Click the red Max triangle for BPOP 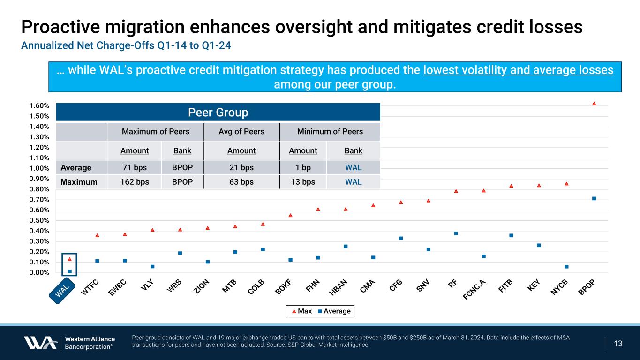tap(594, 103)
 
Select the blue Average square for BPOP tap(594, 198)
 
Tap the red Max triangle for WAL tap(69, 259)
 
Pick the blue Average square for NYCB tap(566, 267)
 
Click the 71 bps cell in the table tap(135, 167)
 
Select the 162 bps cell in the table tap(135, 182)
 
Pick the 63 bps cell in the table tap(241, 182)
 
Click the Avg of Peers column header tap(241, 132)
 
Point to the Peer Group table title tap(218, 112)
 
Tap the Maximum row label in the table tap(79, 182)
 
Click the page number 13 tap(618, 344)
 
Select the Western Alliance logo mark tap(41, 343)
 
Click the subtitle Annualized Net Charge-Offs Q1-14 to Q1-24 tap(126, 47)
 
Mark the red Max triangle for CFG tap(401, 202)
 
